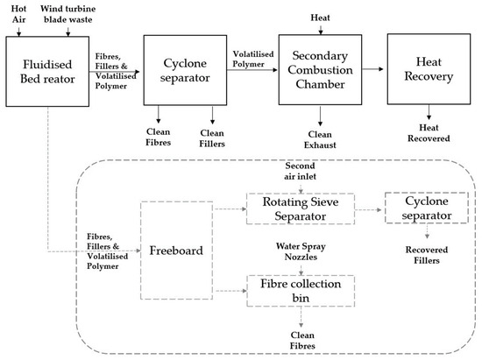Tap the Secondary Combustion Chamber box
point(319,67)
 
